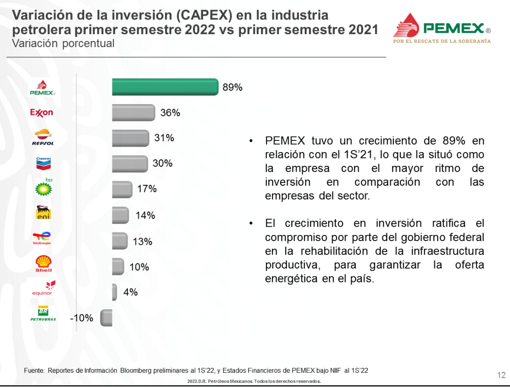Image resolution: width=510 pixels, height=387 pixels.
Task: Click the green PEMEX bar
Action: [165, 87]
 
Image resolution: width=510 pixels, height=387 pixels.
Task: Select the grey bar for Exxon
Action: [133, 113]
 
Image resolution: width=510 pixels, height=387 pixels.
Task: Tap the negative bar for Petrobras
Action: [106, 318]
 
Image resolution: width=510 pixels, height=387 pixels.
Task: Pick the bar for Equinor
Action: [114, 292]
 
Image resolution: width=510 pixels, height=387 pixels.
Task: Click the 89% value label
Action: [233, 87]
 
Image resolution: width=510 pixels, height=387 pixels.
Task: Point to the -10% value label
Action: [82, 318]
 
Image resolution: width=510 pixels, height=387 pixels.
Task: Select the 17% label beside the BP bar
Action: [147, 189]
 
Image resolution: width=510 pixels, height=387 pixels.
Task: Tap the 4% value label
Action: [131, 292]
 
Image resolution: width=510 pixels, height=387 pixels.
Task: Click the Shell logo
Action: [43, 263]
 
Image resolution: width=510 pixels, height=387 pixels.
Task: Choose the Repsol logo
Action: [43, 137]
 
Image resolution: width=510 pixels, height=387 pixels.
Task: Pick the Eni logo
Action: [44, 212]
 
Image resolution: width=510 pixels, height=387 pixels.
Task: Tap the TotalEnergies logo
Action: [42, 238]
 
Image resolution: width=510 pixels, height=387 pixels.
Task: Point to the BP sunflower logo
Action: [44, 188]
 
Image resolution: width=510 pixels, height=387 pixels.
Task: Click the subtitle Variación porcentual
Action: [63, 44]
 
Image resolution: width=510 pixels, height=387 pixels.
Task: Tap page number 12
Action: [501, 374]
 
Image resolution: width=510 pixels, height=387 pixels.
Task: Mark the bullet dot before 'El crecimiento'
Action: [251, 224]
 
